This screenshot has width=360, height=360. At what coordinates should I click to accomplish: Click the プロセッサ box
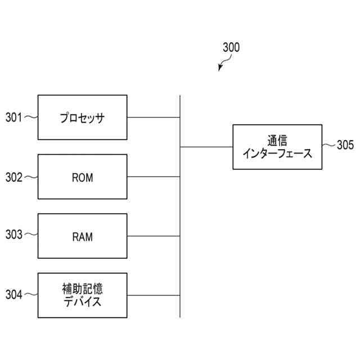tap(82, 118)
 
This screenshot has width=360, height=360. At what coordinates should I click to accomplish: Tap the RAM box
tap(82, 236)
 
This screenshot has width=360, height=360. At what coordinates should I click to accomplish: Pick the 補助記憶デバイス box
tap(82, 295)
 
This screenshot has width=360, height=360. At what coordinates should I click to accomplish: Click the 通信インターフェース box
tap(277, 147)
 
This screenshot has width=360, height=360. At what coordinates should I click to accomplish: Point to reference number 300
tap(231, 48)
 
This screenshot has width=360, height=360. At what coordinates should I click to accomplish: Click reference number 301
tap(13, 118)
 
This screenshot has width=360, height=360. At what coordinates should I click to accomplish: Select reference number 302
tap(13, 177)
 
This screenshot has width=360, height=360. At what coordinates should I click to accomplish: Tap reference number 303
tap(13, 235)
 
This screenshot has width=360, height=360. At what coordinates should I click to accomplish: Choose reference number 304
tap(13, 295)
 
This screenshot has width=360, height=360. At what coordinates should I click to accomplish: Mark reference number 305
tap(345, 146)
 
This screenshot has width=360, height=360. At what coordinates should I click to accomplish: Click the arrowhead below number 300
tap(220, 69)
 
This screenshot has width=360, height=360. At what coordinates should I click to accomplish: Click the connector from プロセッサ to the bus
tap(154, 118)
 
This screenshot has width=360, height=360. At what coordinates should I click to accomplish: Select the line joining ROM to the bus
tap(154, 177)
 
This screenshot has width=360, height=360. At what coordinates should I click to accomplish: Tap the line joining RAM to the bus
tap(154, 236)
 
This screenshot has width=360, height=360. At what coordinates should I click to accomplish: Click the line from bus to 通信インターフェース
tap(206, 147)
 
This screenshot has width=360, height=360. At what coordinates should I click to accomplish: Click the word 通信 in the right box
tap(277, 140)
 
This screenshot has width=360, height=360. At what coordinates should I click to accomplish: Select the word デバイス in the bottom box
tap(82, 302)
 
